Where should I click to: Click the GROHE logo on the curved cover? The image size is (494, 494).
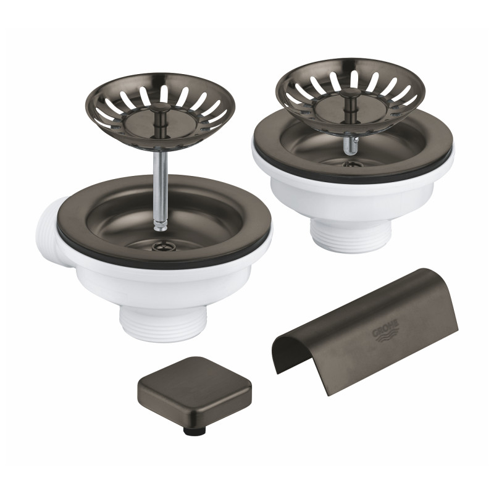coord(385,330)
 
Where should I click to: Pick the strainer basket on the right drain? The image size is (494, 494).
coord(350,89)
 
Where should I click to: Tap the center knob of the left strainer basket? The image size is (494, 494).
coord(161,109)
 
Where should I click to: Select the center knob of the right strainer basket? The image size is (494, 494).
coord(348,92)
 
